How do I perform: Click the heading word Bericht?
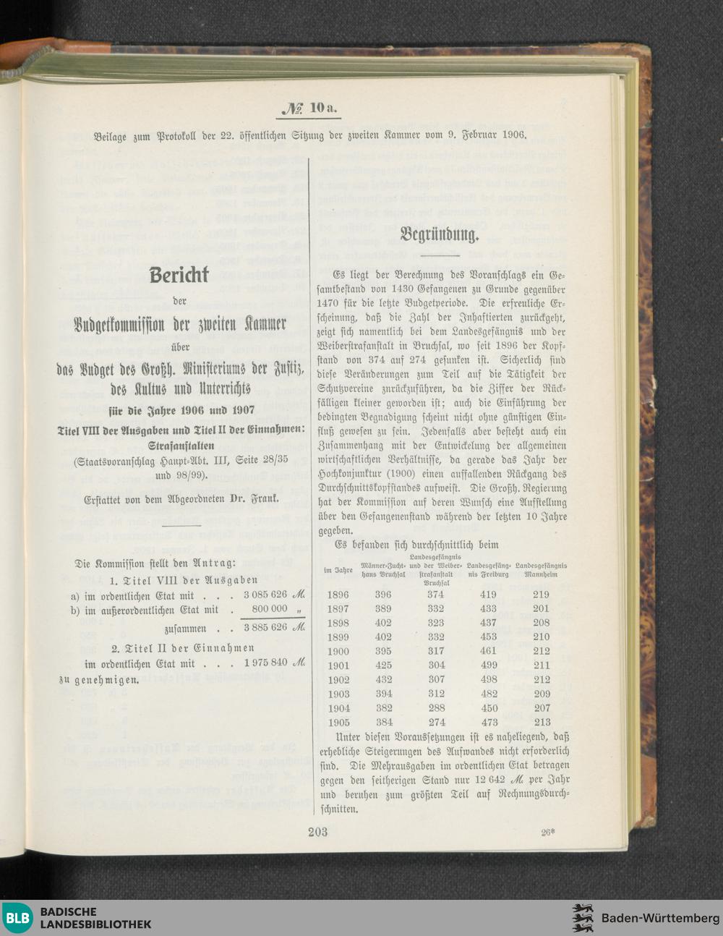[179, 276]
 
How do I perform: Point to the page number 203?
[317, 831]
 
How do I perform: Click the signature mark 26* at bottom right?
[547, 832]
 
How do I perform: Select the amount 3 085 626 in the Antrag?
[265, 595]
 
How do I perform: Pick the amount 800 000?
[270, 609]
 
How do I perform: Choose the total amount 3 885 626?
[265, 627]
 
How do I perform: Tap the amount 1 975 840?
[265, 663]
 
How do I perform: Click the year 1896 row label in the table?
[338, 595]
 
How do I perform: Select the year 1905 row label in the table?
[338, 722]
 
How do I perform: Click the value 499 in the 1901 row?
[489, 665]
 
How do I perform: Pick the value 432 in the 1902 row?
[383, 680]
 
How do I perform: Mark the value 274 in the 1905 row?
[436, 722]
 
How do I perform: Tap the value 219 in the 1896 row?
[541, 595]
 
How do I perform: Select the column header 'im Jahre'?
[338, 571]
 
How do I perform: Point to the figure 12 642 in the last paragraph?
[491, 780]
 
